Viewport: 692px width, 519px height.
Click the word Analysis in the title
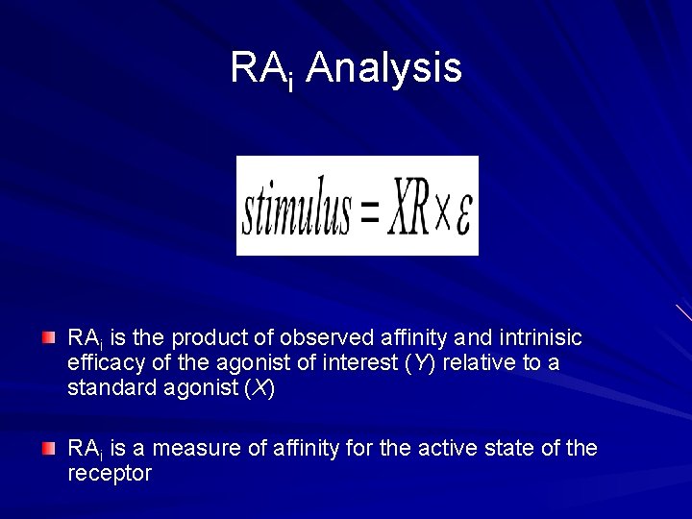click(x=383, y=68)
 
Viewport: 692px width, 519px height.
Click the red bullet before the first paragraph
click(x=49, y=337)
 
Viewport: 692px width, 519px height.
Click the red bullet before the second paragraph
click(x=49, y=448)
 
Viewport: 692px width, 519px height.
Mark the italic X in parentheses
click(x=260, y=388)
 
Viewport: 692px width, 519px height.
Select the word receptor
click(x=109, y=474)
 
